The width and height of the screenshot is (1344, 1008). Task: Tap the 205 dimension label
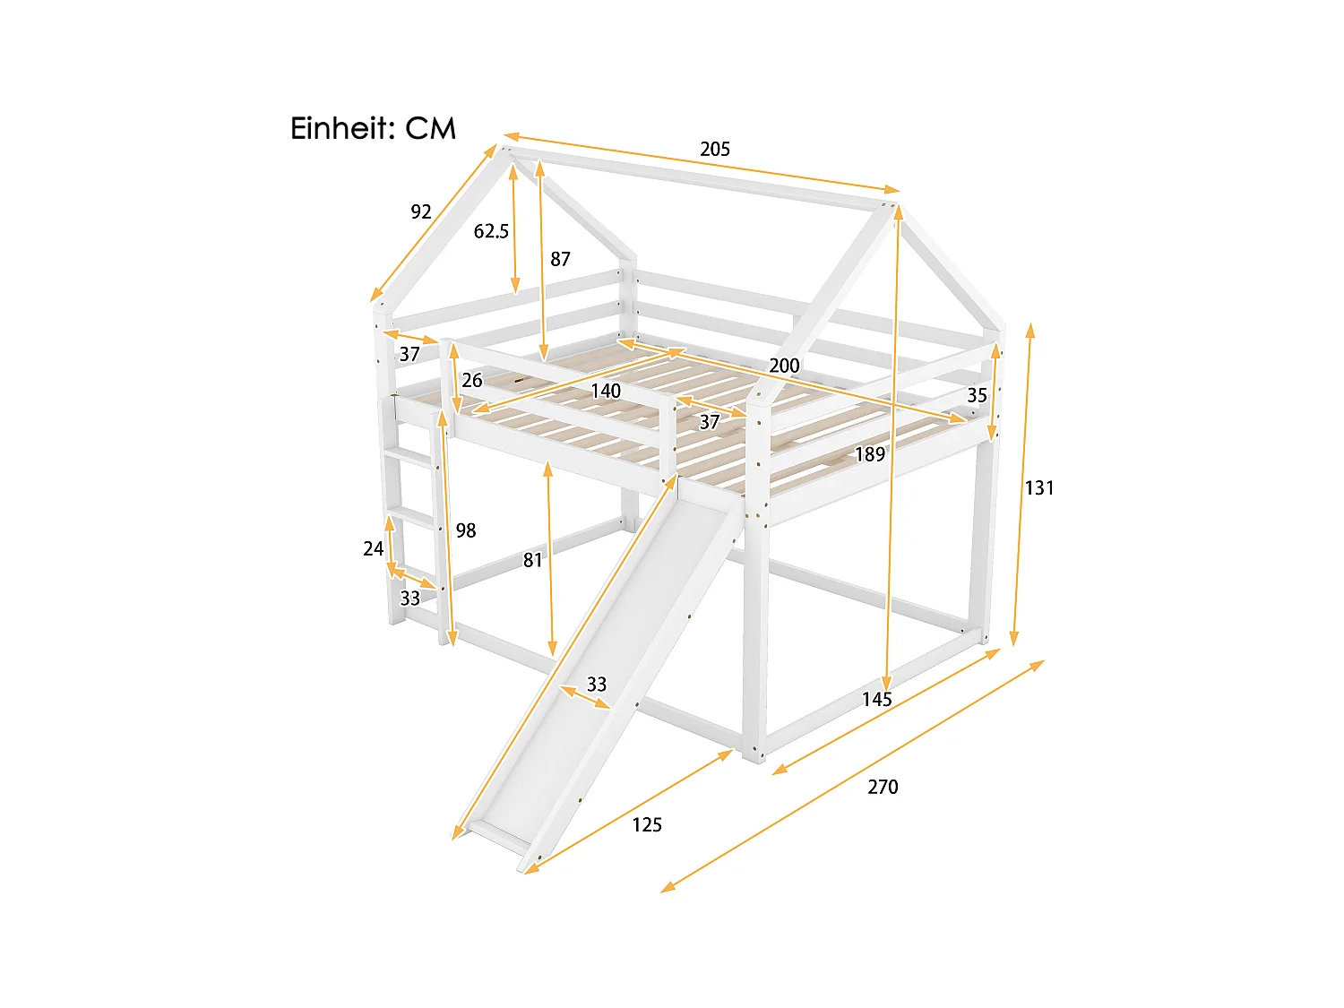tap(715, 150)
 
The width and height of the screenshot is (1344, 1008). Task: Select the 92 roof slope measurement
tap(421, 212)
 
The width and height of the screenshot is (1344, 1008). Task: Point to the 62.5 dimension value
tap(491, 231)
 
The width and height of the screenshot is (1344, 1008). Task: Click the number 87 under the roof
tap(560, 259)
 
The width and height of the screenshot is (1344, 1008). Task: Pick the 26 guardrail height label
tap(472, 381)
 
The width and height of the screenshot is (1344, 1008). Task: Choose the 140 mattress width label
tap(606, 391)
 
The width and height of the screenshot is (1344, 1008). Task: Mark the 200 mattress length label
tap(784, 366)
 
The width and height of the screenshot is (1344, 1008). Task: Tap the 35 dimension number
tap(977, 395)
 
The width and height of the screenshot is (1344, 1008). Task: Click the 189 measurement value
tap(869, 454)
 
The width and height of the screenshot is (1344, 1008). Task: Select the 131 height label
tap(1039, 488)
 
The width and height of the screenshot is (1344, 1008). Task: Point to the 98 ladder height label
tap(466, 530)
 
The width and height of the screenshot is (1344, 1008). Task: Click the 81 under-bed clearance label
tap(533, 560)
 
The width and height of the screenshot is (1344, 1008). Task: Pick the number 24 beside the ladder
tap(373, 548)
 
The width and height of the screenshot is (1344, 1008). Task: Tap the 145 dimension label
tap(877, 699)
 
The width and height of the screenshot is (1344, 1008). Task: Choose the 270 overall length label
tap(883, 787)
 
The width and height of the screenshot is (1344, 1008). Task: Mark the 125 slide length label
tap(647, 825)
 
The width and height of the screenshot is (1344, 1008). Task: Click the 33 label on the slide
tap(597, 685)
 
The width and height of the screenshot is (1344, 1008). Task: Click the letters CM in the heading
tap(431, 129)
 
